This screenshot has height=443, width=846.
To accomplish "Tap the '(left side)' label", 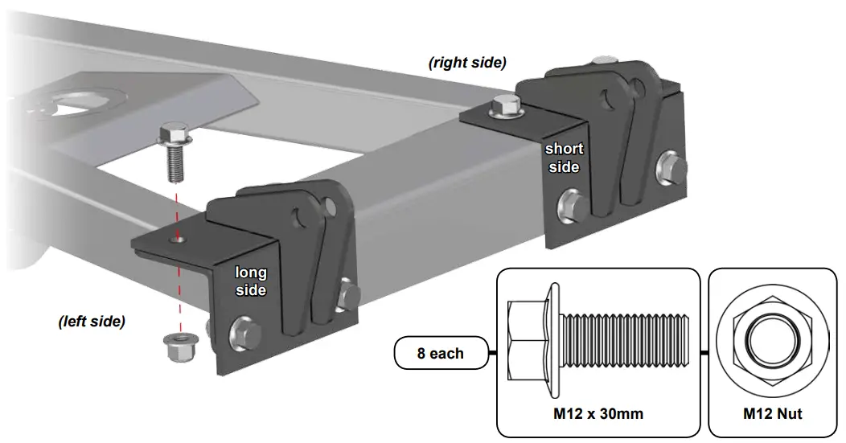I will click(92, 322).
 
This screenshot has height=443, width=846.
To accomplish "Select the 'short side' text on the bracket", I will click(563, 158).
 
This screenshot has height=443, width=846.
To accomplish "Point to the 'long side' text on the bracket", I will click(251, 281).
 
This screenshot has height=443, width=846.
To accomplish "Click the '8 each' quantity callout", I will click(440, 354).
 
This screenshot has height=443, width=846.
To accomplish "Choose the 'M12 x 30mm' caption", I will click(598, 414).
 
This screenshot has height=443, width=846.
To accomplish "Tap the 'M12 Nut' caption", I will click(772, 414).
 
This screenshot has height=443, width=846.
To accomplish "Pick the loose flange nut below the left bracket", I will click(175, 347).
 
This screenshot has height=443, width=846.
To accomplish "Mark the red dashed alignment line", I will click(178, 273).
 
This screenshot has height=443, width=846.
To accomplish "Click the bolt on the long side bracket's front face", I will click(242, 331).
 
